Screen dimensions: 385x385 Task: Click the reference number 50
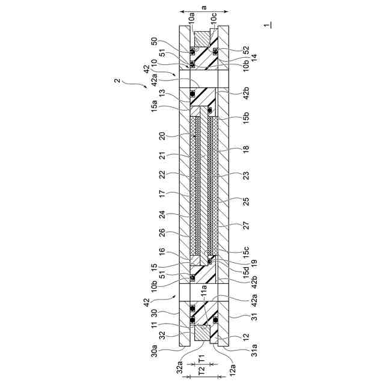pyautogui.click(x=155, y=42)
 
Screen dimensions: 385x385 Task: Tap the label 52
pyautogui.click(x=246, y=50)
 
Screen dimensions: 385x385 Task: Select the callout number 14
pyautogui.click(x=254, y=58)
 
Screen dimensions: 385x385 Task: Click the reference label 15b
pyautogui.click(x=246, y=117)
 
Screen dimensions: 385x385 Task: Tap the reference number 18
pyautogui.click(x=246, y=149)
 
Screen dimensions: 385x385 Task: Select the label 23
pyautogui.click(x=246, y=175)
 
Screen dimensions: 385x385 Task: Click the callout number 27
pyautogui.click(x=246, y=225)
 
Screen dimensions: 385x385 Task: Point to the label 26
pyautogui.click(x=162, y=233)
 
